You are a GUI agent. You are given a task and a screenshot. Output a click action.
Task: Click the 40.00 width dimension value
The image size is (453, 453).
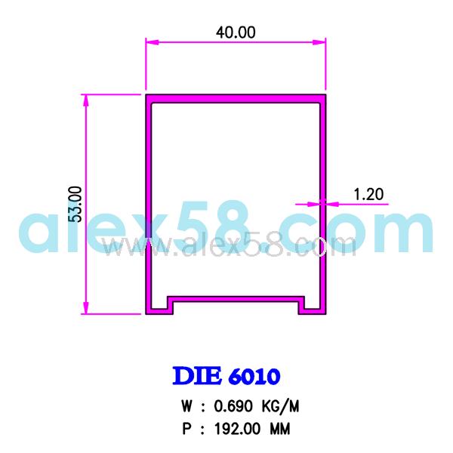pos(236,32)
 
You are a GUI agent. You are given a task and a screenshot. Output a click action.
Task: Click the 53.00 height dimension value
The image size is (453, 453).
pos(75,204)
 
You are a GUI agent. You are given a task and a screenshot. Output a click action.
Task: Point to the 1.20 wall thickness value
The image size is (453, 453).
pos(368,194)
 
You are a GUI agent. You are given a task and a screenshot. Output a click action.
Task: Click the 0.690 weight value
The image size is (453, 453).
pos(233,406)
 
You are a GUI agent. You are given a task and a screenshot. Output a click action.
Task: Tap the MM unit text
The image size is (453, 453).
pos(280,429)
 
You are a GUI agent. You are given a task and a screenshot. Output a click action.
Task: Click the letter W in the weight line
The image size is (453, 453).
pos(186,406)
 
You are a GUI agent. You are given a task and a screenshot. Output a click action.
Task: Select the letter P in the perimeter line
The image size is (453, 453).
pos(186,429)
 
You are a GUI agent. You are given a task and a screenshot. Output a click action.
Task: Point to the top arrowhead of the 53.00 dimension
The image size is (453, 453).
pos(86,99)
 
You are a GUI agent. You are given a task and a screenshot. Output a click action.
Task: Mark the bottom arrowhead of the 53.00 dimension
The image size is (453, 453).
pos(86,310)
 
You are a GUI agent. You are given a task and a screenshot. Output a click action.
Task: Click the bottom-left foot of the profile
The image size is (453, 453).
pos(159,308)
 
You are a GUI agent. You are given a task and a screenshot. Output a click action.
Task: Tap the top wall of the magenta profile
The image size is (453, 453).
pos(236,97)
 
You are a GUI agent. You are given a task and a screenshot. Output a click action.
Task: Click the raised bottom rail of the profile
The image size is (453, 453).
pos(236,297)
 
